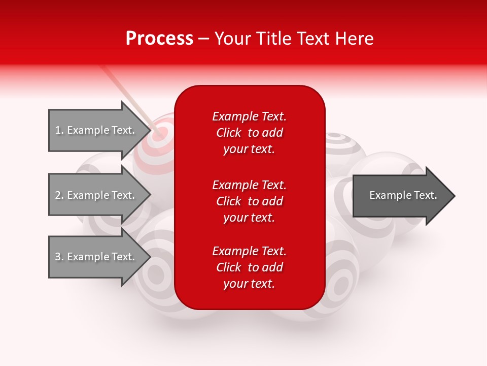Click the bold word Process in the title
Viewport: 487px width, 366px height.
coord(159,39)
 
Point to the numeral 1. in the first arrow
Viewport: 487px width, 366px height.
coord(59,130)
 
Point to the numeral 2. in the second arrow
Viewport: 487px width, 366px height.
coord(59,195)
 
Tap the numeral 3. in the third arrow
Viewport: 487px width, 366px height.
coord(59,257)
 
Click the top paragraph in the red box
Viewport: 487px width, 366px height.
coord(249,133)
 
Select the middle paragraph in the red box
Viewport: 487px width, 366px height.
coord(249,201)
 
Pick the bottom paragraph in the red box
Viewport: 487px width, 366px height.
coord(249,267)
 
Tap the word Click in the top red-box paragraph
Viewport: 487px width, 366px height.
coord(228,133)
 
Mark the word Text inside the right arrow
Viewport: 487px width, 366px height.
coord(425,195)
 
